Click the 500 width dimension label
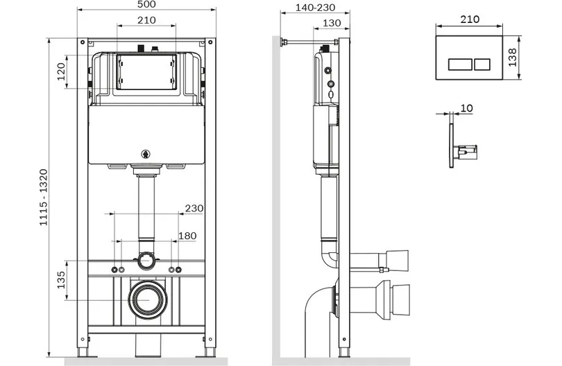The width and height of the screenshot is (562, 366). click(x=146, y=4)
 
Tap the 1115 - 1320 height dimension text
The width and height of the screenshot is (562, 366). click(x=44, y=198)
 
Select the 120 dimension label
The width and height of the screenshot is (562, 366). click(x=61, y=71)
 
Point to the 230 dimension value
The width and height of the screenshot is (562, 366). click(x=194, y=208)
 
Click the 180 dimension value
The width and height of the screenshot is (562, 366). click(x=187, y=236)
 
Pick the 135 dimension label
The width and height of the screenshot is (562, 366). click(x=61, y=280)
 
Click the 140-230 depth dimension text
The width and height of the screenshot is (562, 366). click(x=316, y=8)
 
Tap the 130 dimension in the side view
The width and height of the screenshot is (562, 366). click(x=332, y=23)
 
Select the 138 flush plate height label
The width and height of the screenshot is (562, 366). click(x=512, y=58)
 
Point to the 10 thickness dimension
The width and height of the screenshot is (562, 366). click(x=466, y=108)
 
